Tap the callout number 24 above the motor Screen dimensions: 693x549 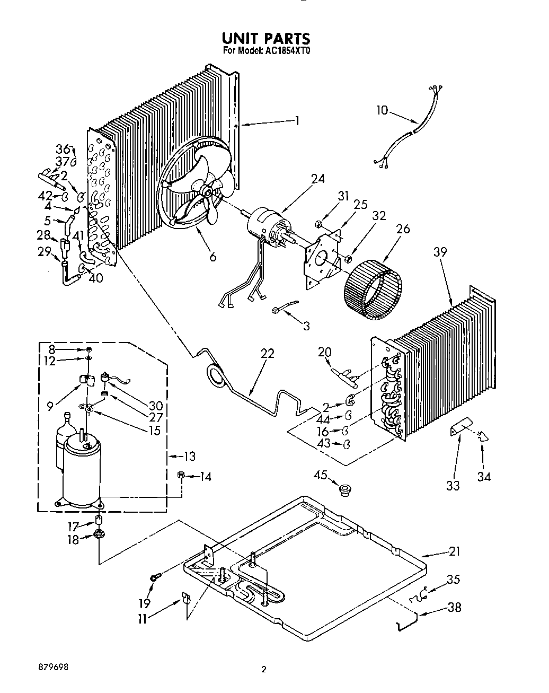(318, 179)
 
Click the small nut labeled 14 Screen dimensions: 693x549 (181, 476)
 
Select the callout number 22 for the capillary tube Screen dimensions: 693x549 (268, 353)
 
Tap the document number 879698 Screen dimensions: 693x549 (52, 666)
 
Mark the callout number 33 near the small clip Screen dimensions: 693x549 (453, 485)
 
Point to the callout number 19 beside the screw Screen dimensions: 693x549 (145, 602)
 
